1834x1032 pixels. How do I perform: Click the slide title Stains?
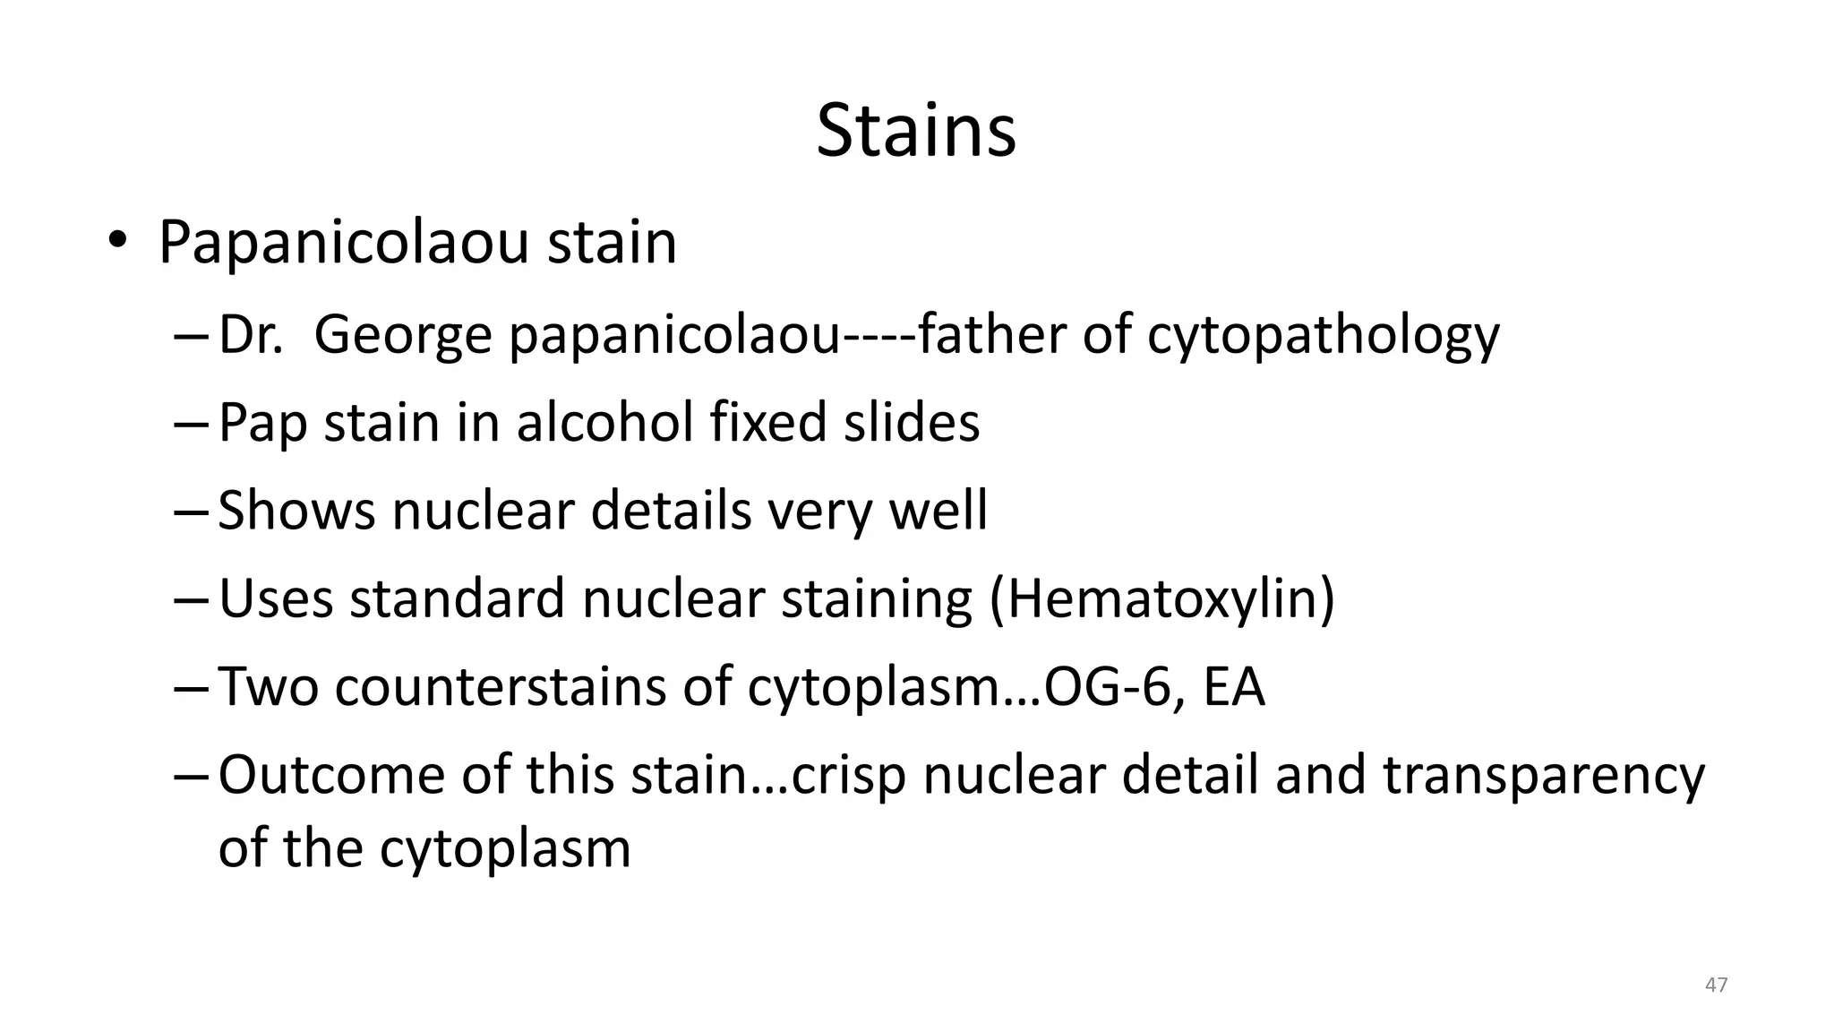tap(916, 131)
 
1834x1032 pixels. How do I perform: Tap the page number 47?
tap(1716, 985)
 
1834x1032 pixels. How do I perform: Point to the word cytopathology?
tap(1323, 335)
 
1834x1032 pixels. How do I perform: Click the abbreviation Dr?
tap(250, 335)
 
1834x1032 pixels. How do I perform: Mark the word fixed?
tap(768, 422)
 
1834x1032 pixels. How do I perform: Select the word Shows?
tap(296, 510)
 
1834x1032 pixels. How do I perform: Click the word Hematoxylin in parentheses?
tap(1161, 598)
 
